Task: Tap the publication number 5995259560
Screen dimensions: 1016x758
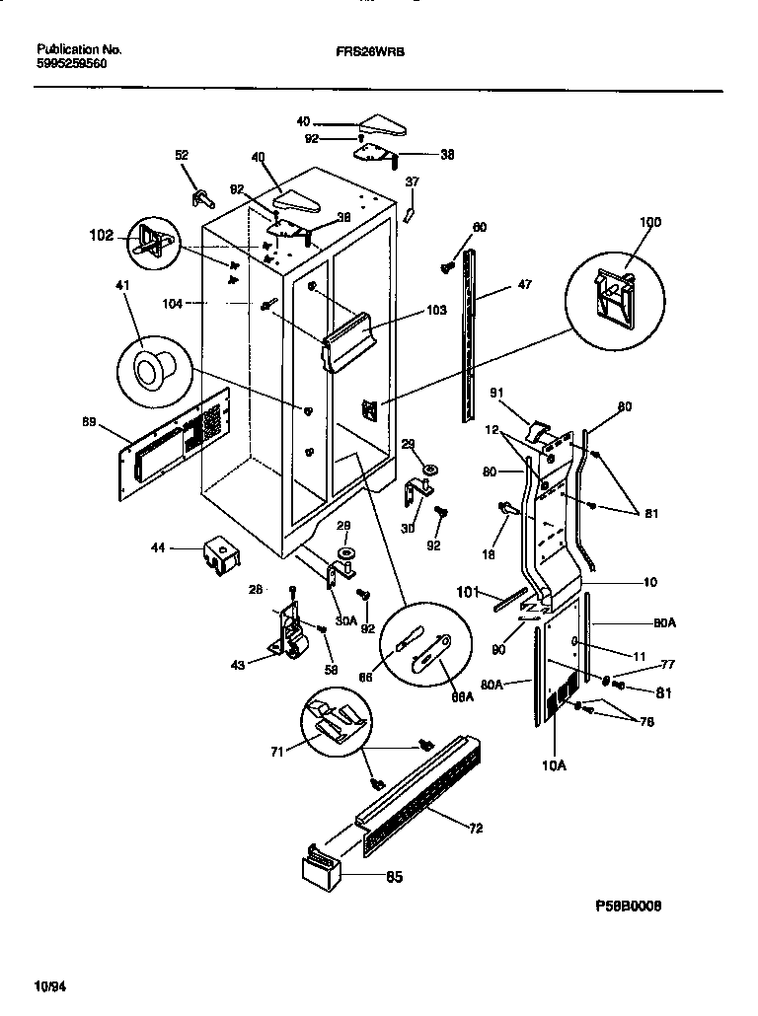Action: [72, 63]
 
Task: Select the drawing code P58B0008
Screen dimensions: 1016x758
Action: [628, 904]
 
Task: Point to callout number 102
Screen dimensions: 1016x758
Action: [102, 237]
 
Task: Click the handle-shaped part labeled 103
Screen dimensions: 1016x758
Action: [350, 340]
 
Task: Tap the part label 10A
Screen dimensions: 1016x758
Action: [554, 762]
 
